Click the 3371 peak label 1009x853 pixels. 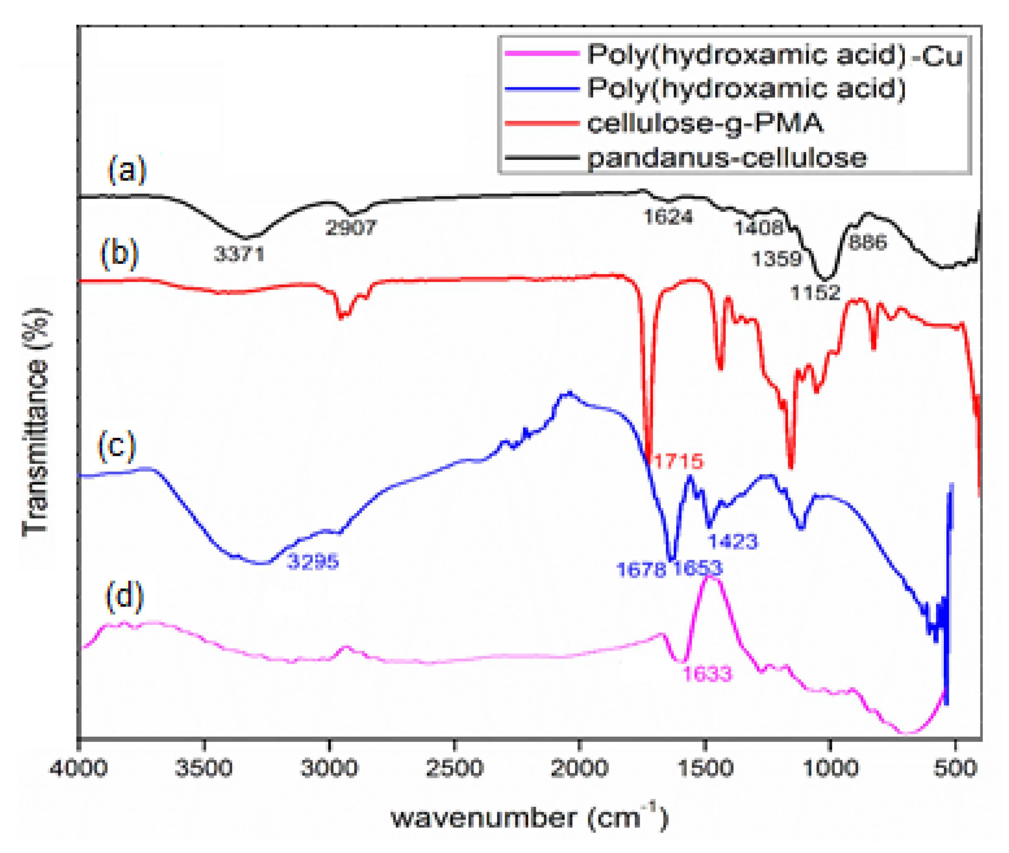[x=239, y=253]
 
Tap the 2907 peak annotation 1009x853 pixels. [x=351, y=227]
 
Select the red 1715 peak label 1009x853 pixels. [x=678, y=461]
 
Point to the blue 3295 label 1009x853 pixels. [x=313, y=561]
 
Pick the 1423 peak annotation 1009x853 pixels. [x=733, y=541]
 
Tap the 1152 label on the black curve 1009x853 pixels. [x=815, y=292]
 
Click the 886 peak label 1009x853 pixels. [x=867, y=242]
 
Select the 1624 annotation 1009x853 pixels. [x=668, y=216]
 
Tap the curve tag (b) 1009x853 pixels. [x=119, y=253]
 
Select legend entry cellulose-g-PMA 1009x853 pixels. [x=705, y=123]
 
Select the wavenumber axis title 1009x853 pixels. [x=529, y=818]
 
